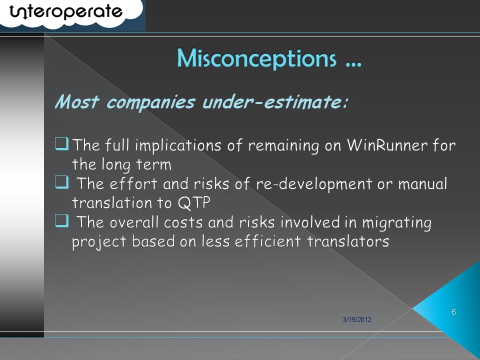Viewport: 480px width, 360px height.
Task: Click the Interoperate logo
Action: pos(66,12)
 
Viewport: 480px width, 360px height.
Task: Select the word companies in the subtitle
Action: pos(150,102)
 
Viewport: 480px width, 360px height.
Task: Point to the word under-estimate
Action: pos(275,101)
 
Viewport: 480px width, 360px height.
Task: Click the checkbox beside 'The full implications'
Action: pos(62,143)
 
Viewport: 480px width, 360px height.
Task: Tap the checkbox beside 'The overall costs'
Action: pos(62,220)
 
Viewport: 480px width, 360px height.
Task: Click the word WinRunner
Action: pos(387,145)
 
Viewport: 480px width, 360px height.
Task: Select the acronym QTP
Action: pos(194,203)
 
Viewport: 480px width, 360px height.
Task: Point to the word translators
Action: pos(348,241)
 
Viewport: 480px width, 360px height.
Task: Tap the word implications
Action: pos(178,145)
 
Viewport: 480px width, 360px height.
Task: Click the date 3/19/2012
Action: pos(357,319)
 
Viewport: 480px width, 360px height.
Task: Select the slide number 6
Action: pos(453,312)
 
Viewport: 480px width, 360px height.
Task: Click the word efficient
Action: pos(268,241)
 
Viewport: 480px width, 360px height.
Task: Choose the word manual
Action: pos(422,184)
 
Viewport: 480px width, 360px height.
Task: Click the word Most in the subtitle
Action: pos(77,101)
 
